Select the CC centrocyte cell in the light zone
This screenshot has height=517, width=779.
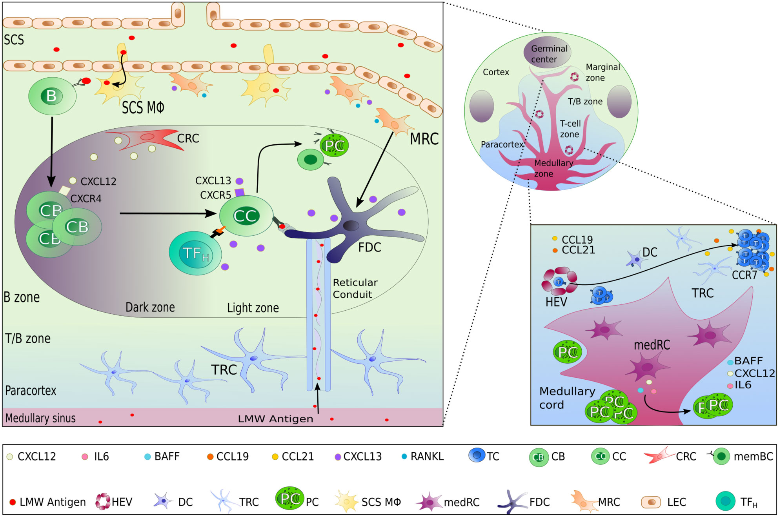pos(246,216)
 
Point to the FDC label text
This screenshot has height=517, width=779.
pos(369,248)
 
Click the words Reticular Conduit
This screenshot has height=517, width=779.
pos(355,288)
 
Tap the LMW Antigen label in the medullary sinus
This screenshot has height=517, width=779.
pos(275,419)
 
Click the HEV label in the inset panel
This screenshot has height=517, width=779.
pos(556,302)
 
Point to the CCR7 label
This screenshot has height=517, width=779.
pos(744,275)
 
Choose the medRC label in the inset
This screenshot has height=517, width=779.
pos(652,345)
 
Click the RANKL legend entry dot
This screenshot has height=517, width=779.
pos(404,457)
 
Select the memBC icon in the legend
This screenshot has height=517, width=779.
pos(721,457)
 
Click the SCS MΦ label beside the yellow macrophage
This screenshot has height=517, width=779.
pos(143,107)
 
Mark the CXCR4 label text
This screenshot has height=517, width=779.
pos(86,199)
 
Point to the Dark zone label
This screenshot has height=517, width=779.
pos(150,307)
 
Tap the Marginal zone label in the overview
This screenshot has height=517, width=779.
pos(602,73)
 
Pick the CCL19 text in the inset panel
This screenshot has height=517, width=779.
pos(577,239)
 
